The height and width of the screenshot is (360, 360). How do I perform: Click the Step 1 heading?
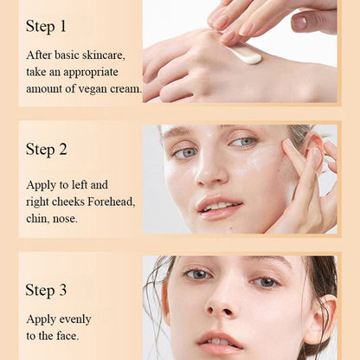pos(46,27)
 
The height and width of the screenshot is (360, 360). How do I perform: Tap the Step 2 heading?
pos(46,149)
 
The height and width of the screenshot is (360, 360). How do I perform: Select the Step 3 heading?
pos(46,289)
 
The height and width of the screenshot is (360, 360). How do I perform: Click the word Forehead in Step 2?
pos(114,201)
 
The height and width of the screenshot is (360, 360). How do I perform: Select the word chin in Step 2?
pos(39,219)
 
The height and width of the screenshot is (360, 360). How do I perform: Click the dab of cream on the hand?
pos(246,56)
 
